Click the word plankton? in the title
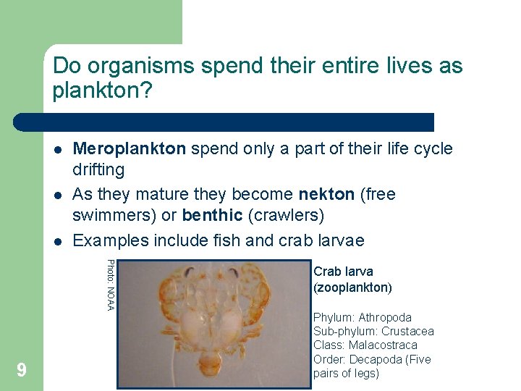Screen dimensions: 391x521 pos(103,91)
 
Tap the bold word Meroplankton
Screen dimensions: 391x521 pos(130,149)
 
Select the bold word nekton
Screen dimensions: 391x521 pos(326,195)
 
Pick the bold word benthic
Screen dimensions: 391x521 pos(212,216)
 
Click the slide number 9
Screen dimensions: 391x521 pos(22,371)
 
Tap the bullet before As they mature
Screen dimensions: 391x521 pos(57,195)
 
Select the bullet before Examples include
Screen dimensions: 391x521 pos(57,241)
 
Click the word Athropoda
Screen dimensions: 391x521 pos(385,317)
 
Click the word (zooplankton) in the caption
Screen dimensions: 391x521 pos(352,287)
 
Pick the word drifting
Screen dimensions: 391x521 pos(98,170)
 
